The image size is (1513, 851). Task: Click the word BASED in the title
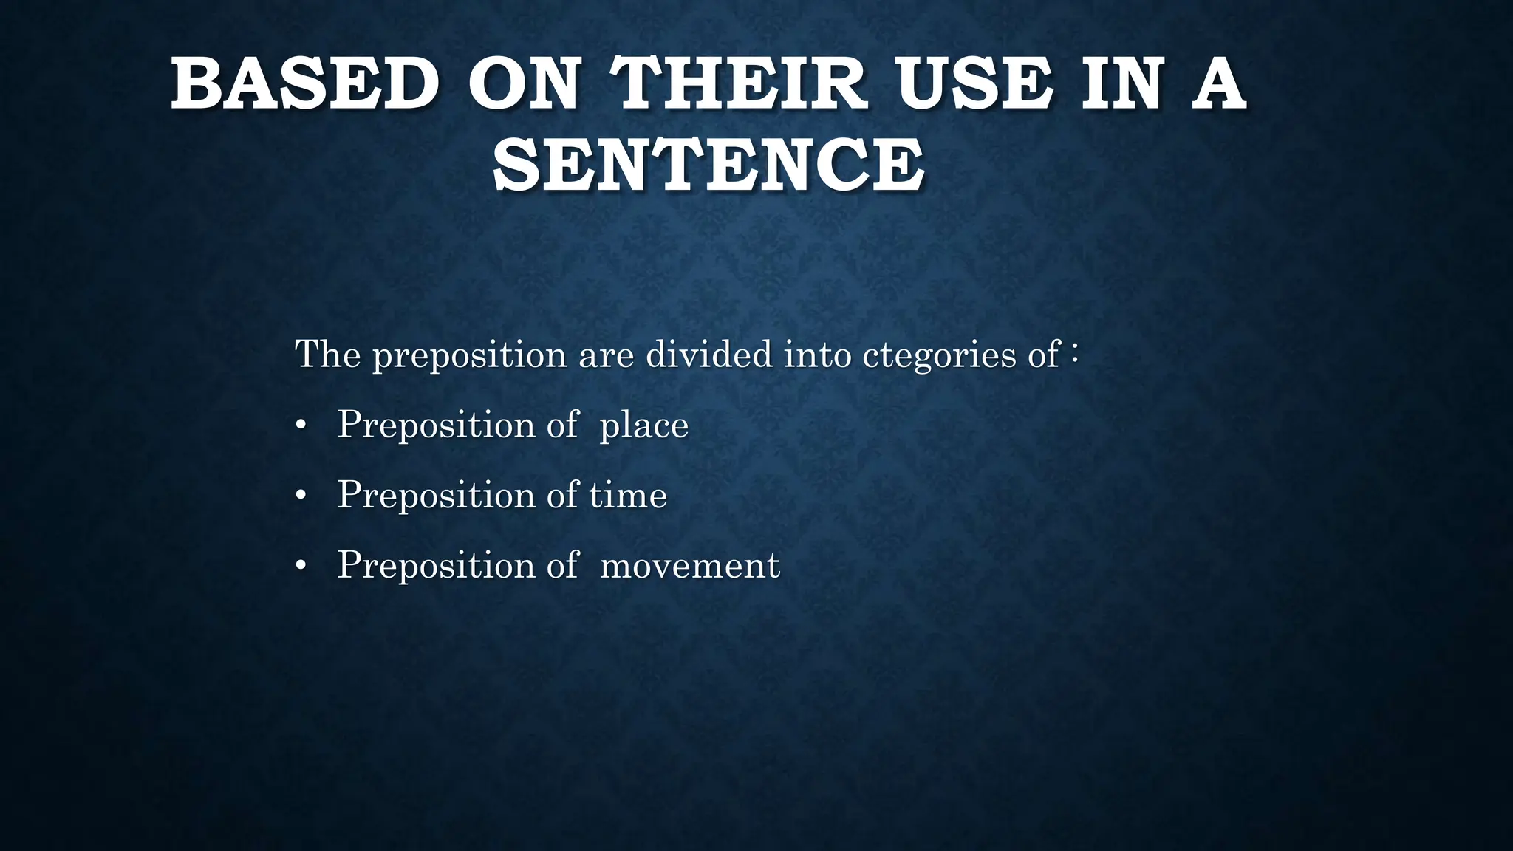[305, 87]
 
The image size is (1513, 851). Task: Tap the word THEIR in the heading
[742, 87]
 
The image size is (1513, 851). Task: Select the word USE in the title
[974, 87]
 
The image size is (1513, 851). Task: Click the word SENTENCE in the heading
[708, 167]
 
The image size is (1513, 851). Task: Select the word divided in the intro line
[708, 355]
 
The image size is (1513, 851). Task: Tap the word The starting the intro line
[327, 354]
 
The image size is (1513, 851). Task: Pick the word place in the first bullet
[644, 425]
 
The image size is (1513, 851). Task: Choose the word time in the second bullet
[628, 495]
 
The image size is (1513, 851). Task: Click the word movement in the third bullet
[689, 566]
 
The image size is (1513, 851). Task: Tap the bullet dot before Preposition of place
[300, 426]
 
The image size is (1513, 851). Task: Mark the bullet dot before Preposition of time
[300, 496]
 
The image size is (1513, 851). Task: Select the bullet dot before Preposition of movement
[300, 567]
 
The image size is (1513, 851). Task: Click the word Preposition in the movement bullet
[436, 566]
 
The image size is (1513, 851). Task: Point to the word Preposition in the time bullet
[436, 496]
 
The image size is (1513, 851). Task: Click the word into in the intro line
[816, 355]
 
